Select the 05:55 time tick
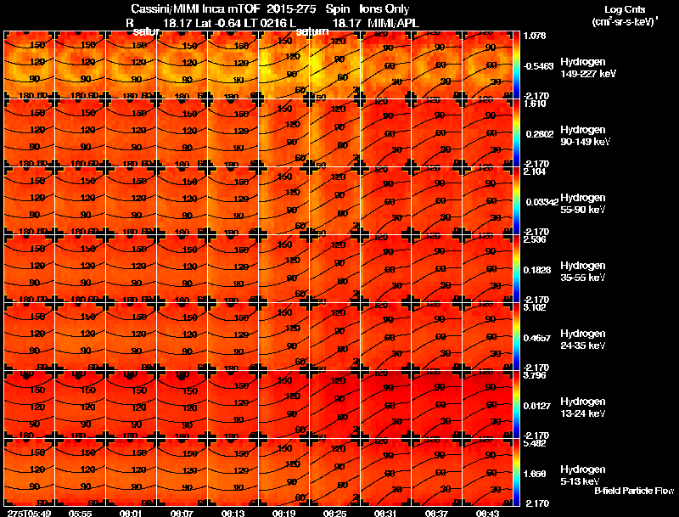coord(81,513)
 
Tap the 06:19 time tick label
coord(284,513)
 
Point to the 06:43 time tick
coord(488,513)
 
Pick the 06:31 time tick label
coord(386,513)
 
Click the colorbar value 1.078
coord(536,36)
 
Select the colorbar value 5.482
coord(536,443)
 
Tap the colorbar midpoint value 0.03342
coord(539,203)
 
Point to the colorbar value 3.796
coord(536,375)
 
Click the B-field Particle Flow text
coord(634,491)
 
